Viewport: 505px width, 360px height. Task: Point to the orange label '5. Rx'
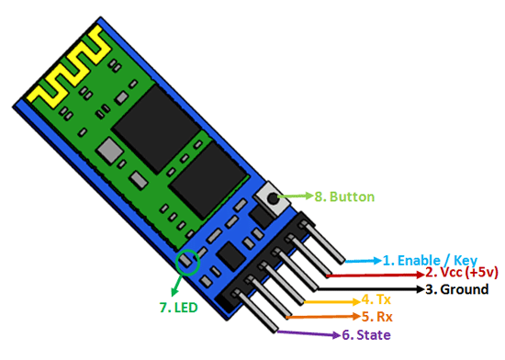(x=375, y=317)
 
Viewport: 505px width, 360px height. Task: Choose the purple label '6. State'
(x=366, y=334)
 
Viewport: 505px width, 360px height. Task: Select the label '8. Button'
(x=342, y=197)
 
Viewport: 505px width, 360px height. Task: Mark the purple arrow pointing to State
(x=309, y=332)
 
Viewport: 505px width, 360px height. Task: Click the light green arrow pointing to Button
(x=297, y=197)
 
